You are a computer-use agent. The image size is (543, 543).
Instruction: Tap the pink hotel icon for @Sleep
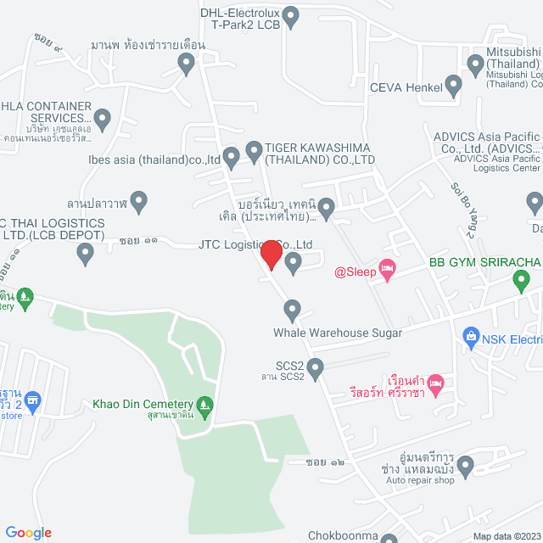pyautogui.click(x=387, y=271)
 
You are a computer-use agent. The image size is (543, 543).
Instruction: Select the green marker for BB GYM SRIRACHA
pyautogui.click(x=522, y=279)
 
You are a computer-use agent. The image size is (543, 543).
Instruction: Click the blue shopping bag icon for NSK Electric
pyautogui.click(x=471, y=339)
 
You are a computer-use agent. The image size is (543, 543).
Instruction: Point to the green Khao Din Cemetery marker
pyautogui.click(x=204, y=406)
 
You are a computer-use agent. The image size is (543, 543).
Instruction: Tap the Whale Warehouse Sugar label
pyautogui.click(x=338, y=333)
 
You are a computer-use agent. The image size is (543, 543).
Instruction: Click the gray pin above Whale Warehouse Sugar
pyautogui.click(x=293, y=309)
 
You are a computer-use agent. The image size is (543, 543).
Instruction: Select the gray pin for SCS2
pyautogui.click(x=316, y=369)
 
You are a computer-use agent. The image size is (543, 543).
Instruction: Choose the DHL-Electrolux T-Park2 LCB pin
pyautogui.click(x=291, y=15)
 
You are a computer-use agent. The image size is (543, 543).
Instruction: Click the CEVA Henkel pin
pyautogui.click(x=453, y=86)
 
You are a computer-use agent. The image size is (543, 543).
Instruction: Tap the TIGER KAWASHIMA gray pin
pyautogui.click(x=253, y=152)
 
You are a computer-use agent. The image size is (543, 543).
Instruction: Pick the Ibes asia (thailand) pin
pyautogui.click(x=232, y=158)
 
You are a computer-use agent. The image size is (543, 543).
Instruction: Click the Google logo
pyautogui.click(x=29, y=532)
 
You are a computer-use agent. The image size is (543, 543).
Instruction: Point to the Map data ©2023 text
pyautogui.click(x=506, y=535)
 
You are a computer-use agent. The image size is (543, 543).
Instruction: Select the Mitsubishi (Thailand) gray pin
pyautogui.click(x=475, y=64)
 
